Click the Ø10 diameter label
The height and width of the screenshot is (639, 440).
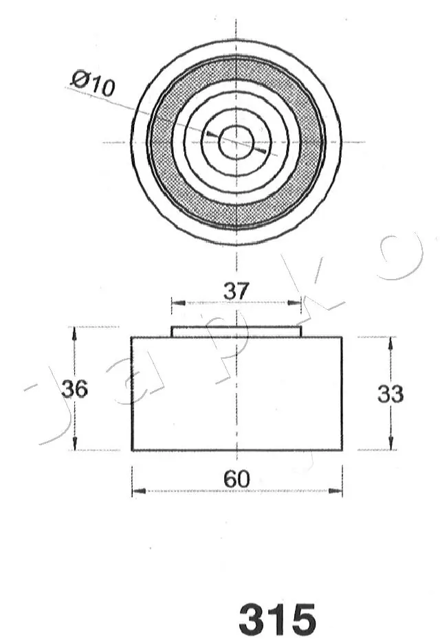(x=93, y=85)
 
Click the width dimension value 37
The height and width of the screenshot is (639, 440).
(x=236, y=291)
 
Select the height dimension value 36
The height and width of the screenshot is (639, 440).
(x=74, y=389)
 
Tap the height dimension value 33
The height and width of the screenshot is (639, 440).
(x=390, y=394)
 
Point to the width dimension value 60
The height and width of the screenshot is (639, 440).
(x=236, y=479)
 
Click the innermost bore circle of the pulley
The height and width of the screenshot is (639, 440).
(x=236, y=142)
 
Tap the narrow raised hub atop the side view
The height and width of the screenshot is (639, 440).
(x=236, y=332)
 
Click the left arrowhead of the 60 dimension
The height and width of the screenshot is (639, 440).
(x=136, y=491)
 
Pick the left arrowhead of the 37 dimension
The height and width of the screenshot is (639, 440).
(x=175, y=302)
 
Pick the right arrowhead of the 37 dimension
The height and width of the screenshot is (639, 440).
(x=297, y=302)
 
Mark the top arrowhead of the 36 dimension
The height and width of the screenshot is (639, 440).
(x=74, y=332)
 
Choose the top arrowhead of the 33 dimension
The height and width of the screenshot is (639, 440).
(x=390, y=341)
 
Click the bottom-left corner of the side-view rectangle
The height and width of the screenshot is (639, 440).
(x=132, y=450)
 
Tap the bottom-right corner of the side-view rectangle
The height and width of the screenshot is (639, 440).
(x=342, y=450)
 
